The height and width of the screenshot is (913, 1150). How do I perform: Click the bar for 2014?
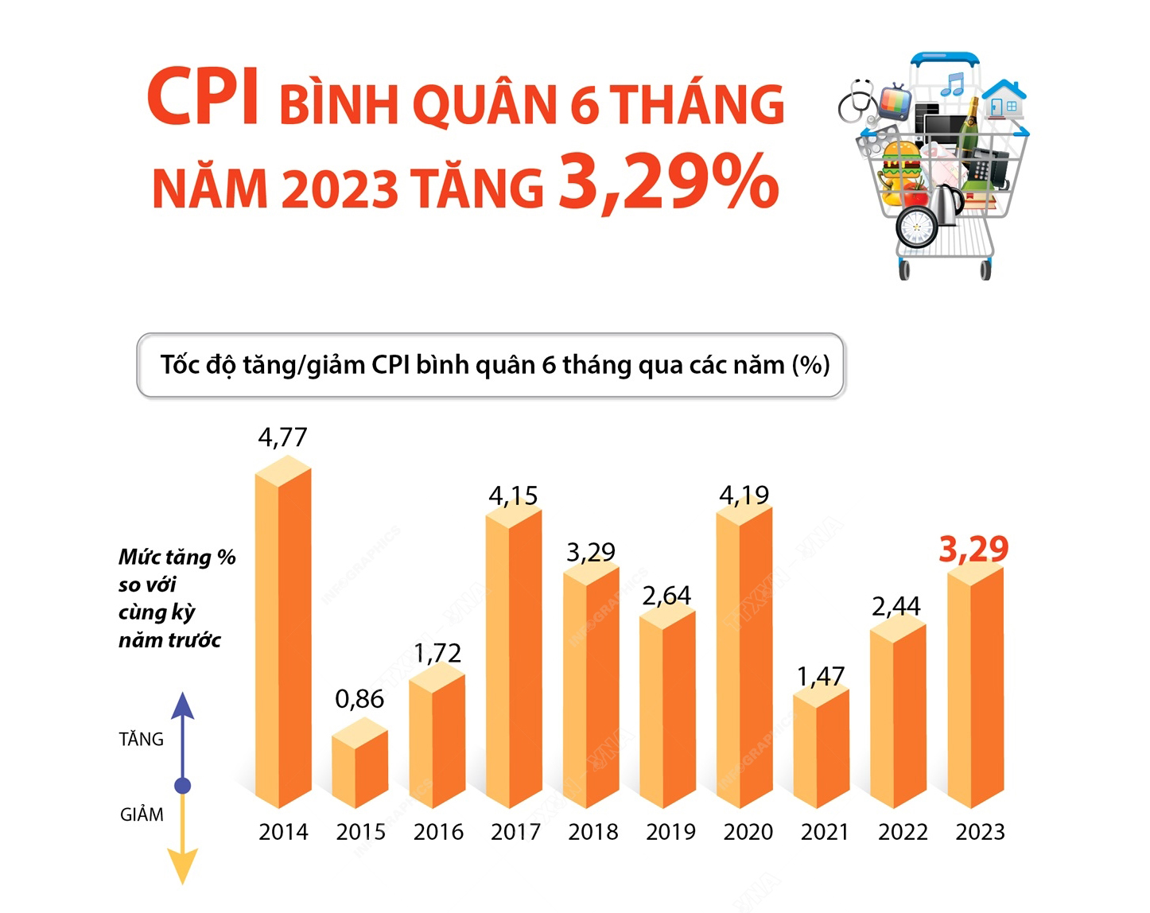pyautogui.click(x=283, y=636)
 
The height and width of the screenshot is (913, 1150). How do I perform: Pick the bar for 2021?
pyautogui.click(x=822, y=748)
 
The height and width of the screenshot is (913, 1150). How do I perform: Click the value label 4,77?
pyautogui.click(x=282, y=437)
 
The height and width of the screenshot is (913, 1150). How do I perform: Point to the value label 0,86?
pyautogui.click(x=359, y=699)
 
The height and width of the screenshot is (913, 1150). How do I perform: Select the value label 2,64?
pyautogui.click(x=667, y=596)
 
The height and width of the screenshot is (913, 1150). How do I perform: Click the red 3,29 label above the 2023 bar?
pyautogui.click(x=973, y=549)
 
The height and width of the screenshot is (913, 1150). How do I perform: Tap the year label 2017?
pyautogui.click(x=515, y=832)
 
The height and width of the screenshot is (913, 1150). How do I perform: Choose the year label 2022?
pyautogui.click(x=903, y=832)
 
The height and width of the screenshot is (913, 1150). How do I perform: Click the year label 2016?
pyautogui.click(x=438, y=832)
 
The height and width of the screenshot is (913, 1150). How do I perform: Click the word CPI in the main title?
pyautogui.click(x=204, y=98)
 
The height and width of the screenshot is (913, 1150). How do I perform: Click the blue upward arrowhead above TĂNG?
pyautogui.click(x=183, y=706)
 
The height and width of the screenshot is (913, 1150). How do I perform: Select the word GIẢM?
pyautogui.click(x=142, y=814)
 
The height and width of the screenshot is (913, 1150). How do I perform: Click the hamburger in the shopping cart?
pyautogui.click(x=901, y=164)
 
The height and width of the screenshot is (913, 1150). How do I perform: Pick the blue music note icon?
pyautogui.click(x=953, y=84)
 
